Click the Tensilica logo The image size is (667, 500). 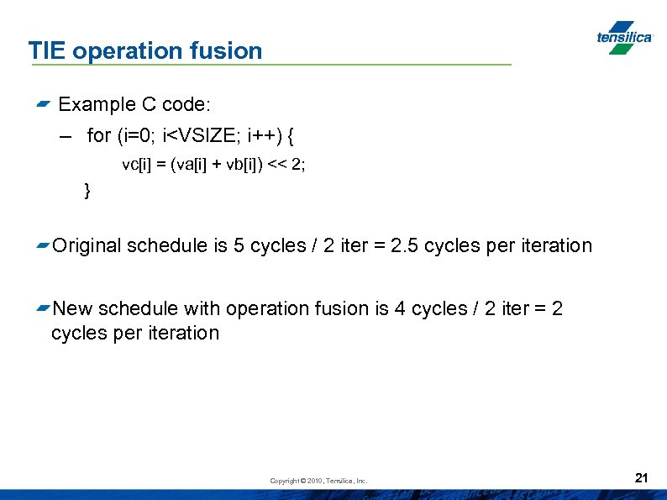coord(623,37)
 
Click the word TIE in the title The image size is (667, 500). coord(47,50)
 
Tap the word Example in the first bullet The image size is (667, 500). coord(92,104)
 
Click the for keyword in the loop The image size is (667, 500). coord(99,134)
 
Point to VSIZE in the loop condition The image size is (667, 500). coord(199,134)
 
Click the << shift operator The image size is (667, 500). coord(278,165)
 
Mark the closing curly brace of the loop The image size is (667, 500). coord(87,191)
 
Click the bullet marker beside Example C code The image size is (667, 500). coord(44,105)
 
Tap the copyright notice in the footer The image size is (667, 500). coord(318,481)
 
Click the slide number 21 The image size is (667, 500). coord(642,478)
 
